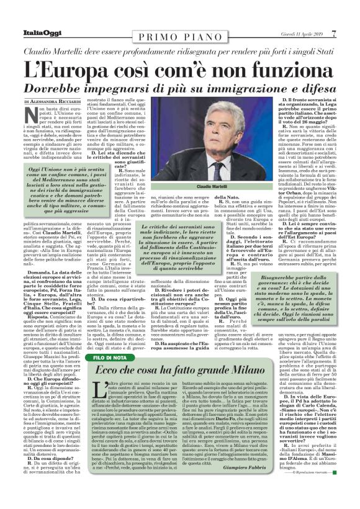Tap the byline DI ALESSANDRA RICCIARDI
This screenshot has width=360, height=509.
point(55,101)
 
